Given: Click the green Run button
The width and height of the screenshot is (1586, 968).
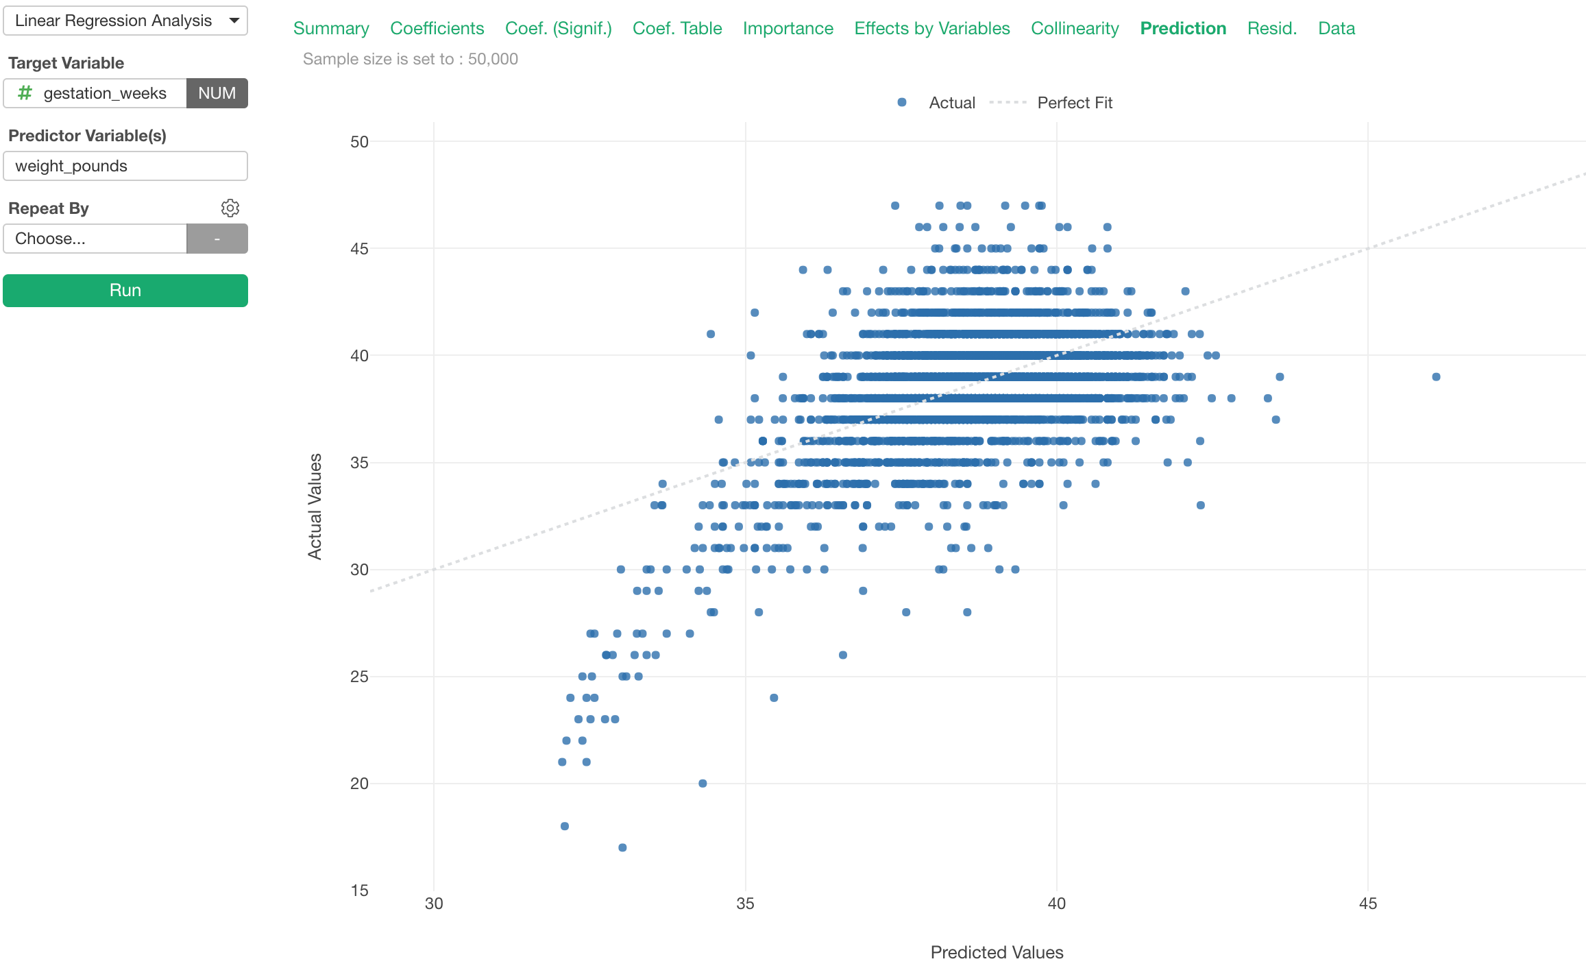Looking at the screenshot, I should [125, 291].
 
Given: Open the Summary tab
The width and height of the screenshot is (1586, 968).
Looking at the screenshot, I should [331, 28].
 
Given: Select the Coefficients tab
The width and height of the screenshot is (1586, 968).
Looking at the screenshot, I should [437, 28].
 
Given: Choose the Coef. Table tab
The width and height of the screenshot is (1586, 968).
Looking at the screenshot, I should [677, 28].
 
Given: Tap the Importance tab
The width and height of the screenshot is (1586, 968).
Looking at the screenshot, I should [788, 28].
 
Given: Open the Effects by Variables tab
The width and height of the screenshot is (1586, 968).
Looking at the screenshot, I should [931, 28].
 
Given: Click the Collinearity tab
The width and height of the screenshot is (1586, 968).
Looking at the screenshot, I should [1075, 28].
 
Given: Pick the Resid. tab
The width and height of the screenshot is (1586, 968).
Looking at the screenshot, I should [1271, 28].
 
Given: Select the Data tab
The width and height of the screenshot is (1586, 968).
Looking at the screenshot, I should [1336, 28].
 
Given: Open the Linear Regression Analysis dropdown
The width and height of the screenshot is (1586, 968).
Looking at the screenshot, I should [125, 21].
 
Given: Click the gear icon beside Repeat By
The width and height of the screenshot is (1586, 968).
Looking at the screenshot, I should [230, 208].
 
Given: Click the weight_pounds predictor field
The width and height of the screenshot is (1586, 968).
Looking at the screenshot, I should [125, 166].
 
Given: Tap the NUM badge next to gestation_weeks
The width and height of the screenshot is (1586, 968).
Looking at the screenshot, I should [217, 93].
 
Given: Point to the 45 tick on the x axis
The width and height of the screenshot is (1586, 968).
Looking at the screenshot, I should [1367, 904].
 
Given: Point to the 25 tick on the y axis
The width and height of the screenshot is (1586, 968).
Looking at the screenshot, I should [359, 677].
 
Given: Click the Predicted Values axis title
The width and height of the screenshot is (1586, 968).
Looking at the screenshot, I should [997, 952].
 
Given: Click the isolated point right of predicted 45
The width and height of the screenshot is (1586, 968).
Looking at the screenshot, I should [1436, 377].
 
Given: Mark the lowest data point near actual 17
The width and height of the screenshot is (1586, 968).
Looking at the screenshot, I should [622, 847].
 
